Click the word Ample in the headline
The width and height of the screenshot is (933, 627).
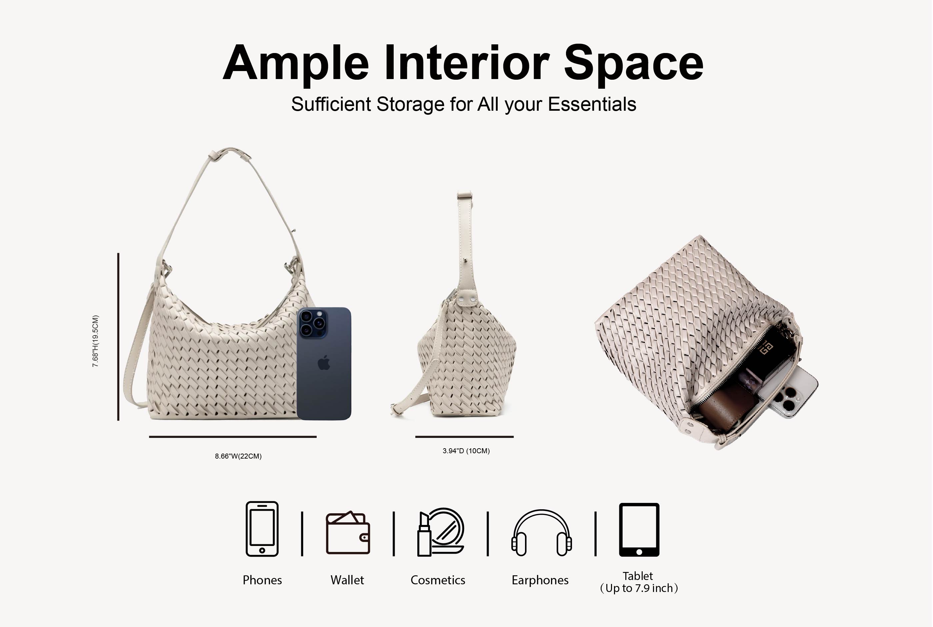coord(296,63)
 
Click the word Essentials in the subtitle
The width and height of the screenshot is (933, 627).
coord(592,104)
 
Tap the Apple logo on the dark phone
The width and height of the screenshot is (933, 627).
coord(324,362)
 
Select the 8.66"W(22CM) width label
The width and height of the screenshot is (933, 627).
coord(238,456)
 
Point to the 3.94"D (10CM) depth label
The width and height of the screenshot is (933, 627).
coord(466,451)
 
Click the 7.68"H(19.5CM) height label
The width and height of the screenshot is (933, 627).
coord(95,341)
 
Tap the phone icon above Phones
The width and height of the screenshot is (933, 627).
coord(262,529)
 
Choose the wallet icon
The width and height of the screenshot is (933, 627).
coord(348,532)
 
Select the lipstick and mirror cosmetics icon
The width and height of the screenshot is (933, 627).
coord(441,532)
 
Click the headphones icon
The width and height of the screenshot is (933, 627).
coord(541,533)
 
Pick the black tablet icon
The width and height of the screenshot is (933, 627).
coord(639,529)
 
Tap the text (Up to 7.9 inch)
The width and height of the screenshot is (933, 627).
coord(639,588)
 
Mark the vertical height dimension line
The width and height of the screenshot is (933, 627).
coord(118,337)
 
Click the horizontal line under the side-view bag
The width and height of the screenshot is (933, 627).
coord(464,437)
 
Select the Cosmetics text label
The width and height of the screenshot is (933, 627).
coord(438,580)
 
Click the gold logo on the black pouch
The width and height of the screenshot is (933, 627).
coord(766,348)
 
